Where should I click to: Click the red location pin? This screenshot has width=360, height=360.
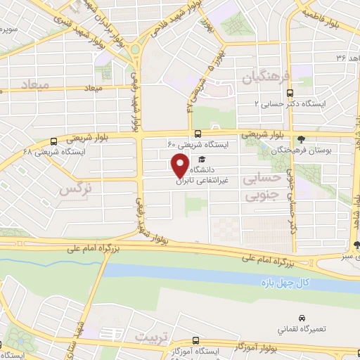tap(180, 166)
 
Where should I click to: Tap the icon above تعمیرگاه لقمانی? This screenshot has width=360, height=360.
tap(302, 319)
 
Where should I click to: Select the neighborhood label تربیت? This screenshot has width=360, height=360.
tap(169, 337)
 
